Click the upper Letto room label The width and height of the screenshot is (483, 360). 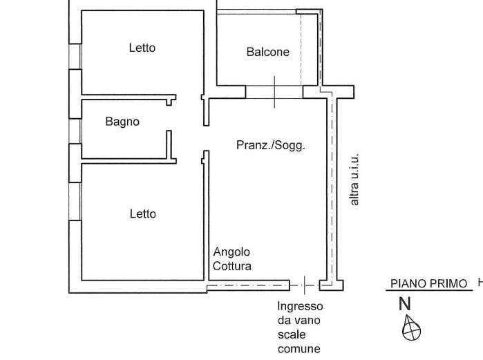pyautogui.click(x=142, y=48)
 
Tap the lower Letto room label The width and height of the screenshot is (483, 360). pyautogui.click(x=142, y=214)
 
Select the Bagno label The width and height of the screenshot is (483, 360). pyautogui.click(x=122, y=122)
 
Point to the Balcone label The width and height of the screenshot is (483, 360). pyautogui.click(x=267, y=52)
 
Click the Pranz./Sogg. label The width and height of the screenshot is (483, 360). pyautogui.click(x=271, y=145)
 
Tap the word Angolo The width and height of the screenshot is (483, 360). pyautogui.click(x=231, y=252)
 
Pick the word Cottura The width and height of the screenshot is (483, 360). pyautogui.click(x=232, y=266)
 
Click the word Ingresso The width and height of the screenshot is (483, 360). pyautogui.click(x=300, y=306)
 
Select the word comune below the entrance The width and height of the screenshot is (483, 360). pyautogui.click(x=299, y=349)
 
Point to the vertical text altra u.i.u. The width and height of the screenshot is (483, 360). pyautogui.click(x=354, y=179)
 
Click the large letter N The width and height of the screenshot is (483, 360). pyautogui.click(x=405, y=304)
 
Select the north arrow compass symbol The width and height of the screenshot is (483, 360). pyautogui.click(x=411, y=328)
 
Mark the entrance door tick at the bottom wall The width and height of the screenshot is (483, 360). pyautogui.click(x=304, y=285)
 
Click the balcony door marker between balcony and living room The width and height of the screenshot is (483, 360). pyautogui.click(x=274, y=92)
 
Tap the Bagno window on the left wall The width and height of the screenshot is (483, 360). pyautogui.click(x=75, y=131)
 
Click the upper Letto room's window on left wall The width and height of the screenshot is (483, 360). pyautogui.click(x=75, y=57)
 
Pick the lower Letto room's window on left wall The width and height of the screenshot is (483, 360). pyautogui.click(x=75, y=201)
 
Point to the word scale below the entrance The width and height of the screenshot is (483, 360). pyautogui.click(x=292, y=334)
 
